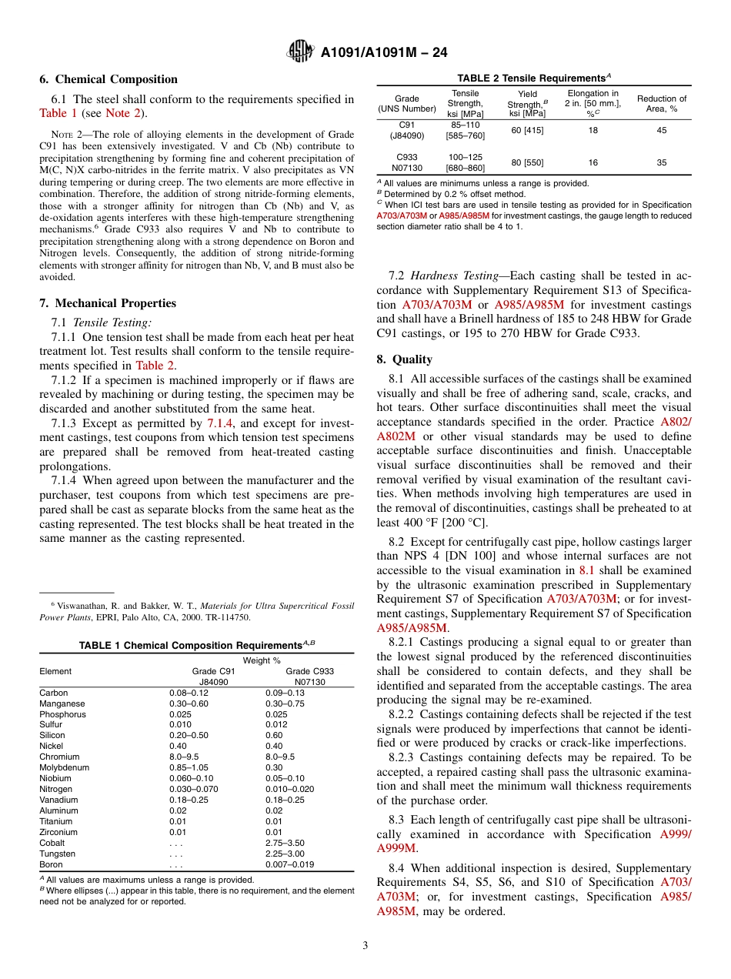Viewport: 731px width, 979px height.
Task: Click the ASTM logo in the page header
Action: [300, 52]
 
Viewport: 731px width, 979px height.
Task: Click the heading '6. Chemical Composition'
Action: [108, 79]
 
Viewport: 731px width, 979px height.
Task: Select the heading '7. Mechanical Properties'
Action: [108, 303]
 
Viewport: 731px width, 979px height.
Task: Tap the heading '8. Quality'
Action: [405, 359]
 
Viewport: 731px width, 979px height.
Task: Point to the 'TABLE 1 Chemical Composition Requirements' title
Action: [196, 646]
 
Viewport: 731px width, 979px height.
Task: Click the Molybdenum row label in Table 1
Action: [64, 767]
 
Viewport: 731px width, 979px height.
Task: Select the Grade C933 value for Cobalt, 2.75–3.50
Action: [285, 843]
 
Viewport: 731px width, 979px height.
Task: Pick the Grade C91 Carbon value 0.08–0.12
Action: [188, 693]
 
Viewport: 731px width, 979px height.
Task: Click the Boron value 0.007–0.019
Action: [289, 864]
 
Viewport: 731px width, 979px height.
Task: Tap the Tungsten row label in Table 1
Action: [57, 854]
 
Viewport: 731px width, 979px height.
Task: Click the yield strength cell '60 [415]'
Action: [527, 131]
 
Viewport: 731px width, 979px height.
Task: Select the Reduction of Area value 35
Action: [662, 163]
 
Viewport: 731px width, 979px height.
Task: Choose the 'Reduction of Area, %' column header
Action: [662, 103]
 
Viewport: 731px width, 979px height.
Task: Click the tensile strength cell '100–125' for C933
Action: [465, 157]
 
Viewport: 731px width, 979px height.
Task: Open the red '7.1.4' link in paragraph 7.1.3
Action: [219, 423]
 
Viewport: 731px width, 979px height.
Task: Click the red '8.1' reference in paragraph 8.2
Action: [587, 570]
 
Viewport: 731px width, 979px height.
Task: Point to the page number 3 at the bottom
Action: [365, 945]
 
